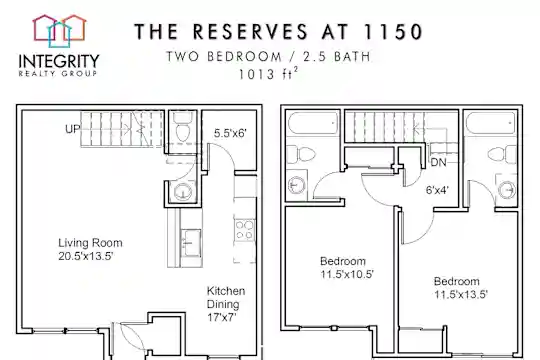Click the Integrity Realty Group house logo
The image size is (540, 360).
tap(59, 31)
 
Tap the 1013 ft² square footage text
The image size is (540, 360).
tap(268, 73)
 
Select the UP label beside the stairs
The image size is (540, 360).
tap(72, 129)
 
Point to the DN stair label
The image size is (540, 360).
tap(438, 162)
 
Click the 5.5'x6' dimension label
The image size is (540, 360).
tap(230, 133)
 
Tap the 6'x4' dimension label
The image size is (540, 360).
tap(437, 190)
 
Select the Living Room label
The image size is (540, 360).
tap(90, 243)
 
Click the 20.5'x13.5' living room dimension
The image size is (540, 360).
tap(86, 256)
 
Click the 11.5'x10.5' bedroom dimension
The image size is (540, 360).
tap(347, 274)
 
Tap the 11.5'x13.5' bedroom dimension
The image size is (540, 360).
tap(461, 294)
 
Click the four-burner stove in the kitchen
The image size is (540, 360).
tap(245, 230)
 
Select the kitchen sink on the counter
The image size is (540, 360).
tap(190, 243)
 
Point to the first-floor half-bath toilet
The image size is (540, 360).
tap(182, 127)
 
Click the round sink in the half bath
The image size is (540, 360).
tap(183, 192)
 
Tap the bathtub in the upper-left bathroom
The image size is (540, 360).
tap(312, 123)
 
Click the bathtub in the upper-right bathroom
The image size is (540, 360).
tap(491, 123)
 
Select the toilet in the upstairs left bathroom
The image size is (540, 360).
tap(301, 154)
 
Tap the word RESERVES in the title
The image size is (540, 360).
tap(250, 32)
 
